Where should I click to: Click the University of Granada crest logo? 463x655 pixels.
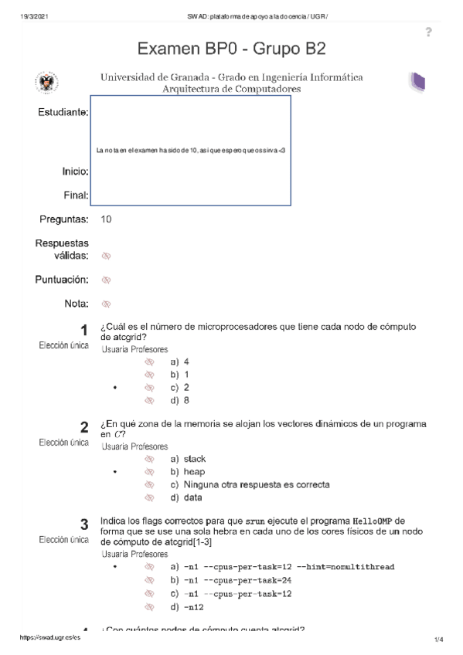click(x=47, y=83)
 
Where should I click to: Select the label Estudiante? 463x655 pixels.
click(x=63, y=113)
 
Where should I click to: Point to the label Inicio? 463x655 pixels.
click(x=75, y=170)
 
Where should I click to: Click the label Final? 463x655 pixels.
click(x=76, y=195)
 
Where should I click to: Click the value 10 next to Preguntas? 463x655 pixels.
click(x=107, y=220)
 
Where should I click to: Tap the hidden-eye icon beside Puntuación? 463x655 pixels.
click(x=107, y=280)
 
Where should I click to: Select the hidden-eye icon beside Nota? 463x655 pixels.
click(x=107, y=304)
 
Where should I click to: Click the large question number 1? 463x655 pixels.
click(x=83, y=331)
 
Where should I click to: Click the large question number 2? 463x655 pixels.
click(x=83, y=428)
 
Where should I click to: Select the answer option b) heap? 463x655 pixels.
click(x=188, y=472)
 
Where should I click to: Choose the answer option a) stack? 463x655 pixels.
click(x=189, y=459)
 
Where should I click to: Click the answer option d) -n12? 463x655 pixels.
click(x=186, y=607)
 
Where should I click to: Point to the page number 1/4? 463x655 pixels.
click(x=438, y=640)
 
